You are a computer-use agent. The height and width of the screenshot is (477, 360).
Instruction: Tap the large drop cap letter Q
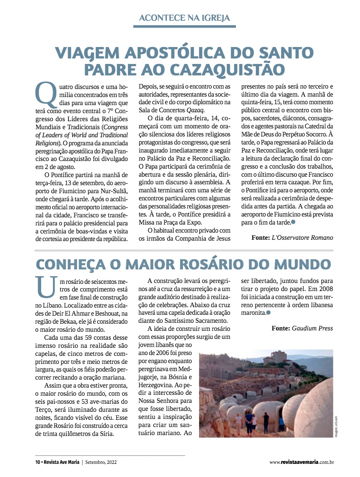coord(45,94)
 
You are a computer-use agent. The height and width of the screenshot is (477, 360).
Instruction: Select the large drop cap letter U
coord(45,288)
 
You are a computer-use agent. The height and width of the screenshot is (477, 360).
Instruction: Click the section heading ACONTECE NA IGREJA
coord(184,18)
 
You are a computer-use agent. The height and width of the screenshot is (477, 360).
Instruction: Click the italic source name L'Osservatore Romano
coord(302,238)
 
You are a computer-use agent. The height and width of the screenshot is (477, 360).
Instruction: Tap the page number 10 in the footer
coord(38,462)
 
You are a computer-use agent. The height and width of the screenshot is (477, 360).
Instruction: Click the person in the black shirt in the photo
coord(266,421)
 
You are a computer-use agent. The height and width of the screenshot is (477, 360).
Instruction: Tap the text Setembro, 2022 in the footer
coord(104,462)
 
